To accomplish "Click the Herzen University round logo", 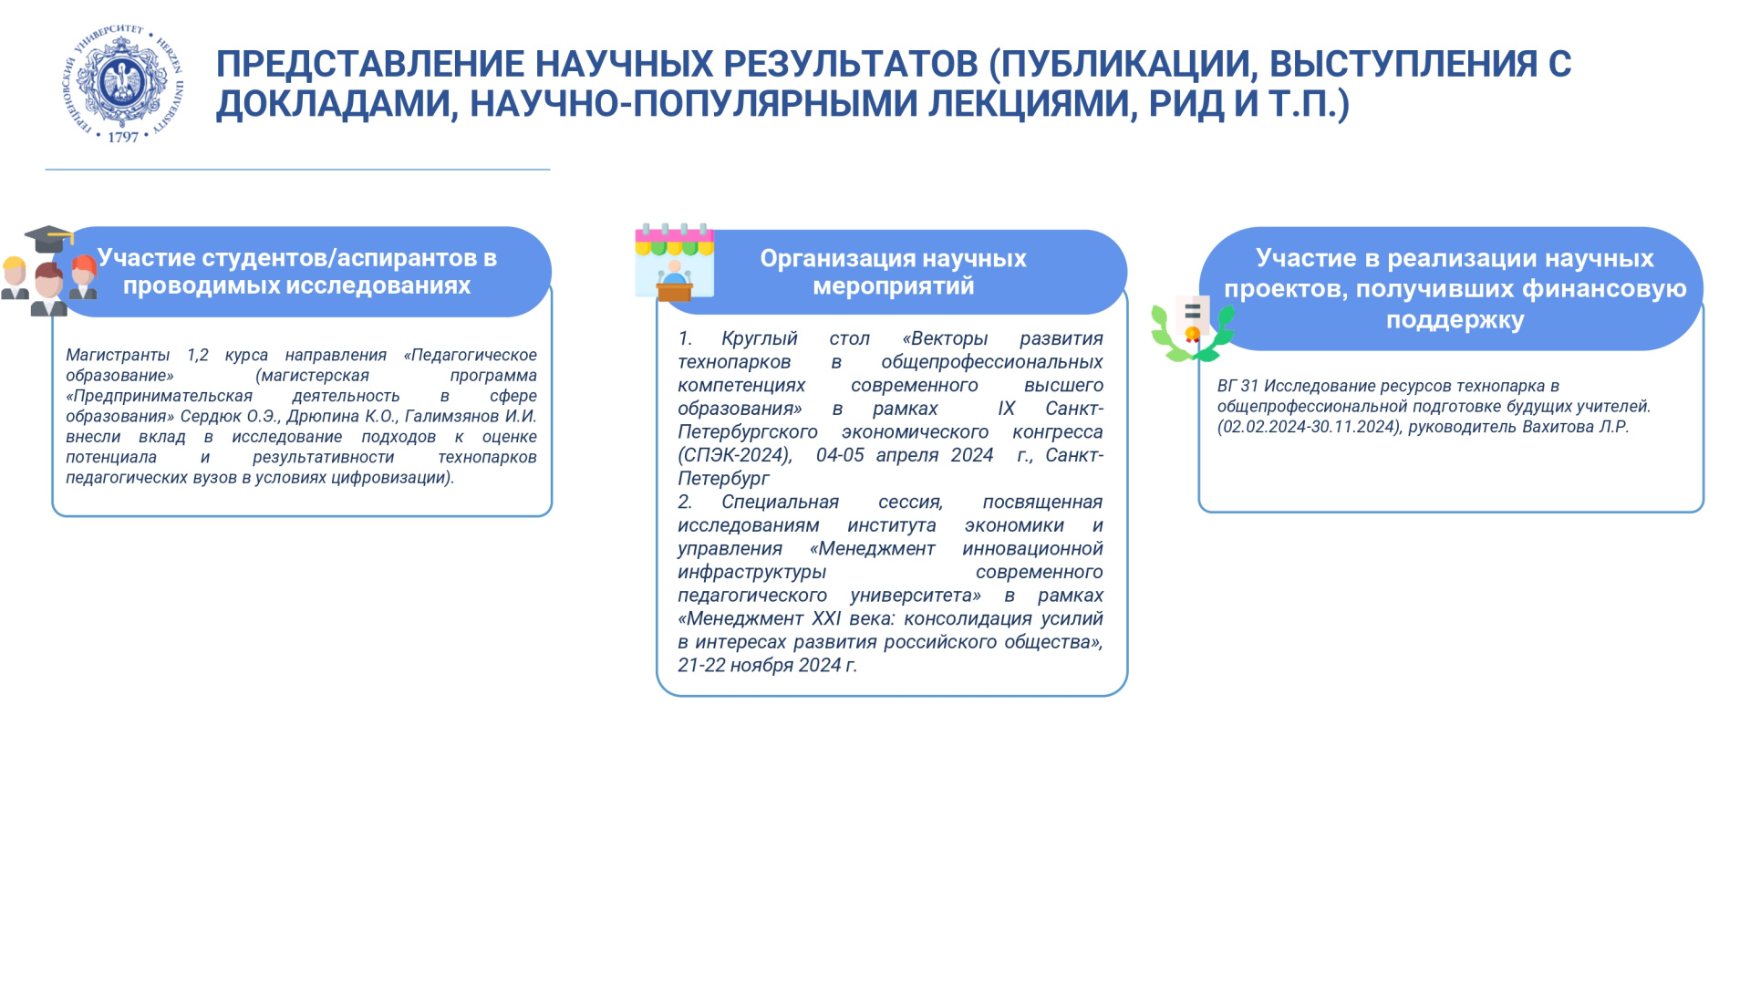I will [x=123, y=84].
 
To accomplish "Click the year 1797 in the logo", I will [x=123, y=138].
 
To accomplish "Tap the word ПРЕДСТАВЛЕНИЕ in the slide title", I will [x=369, y=64].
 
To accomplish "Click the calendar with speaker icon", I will [x=674, y=263].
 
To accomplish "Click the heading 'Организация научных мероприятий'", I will [x=893, y=272].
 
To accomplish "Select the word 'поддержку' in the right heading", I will [x=1455, y=320].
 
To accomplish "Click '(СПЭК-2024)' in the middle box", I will [x=735, y=455].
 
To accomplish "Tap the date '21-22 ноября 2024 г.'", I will [x=767, y=666].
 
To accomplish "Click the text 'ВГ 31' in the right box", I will [x=1237, y=386].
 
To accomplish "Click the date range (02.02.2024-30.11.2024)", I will [x=1310, y=427].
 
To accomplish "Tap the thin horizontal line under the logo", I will [x=297, y=170].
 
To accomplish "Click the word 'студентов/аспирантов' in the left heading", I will [x=301, y=258].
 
